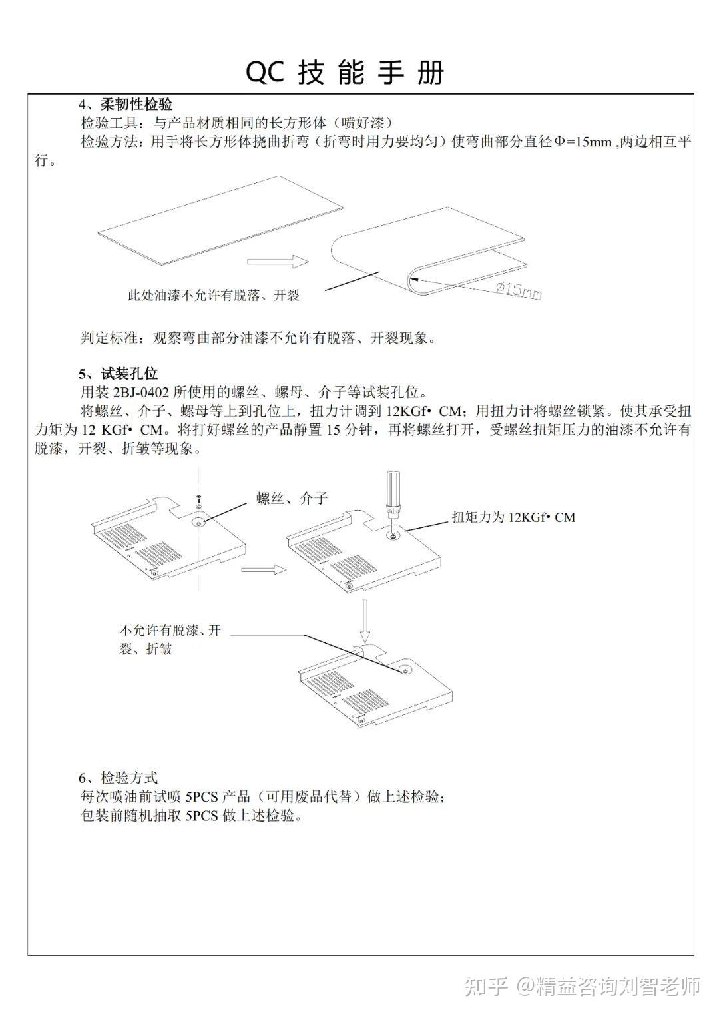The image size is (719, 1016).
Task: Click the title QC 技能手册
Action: (x=345, y=72)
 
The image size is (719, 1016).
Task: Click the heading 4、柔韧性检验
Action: (x=126, y=105)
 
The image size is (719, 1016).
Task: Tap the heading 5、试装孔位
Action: (x=118, y=374)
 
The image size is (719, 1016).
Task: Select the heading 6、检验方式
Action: (x=118, y=778)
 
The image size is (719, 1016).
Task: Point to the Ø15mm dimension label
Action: (x=519, y=290)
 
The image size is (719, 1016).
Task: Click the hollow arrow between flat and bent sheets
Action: (x=278, y=261)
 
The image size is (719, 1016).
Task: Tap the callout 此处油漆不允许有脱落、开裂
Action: (x=213, y=296)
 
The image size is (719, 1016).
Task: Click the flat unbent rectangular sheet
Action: (x=220, y=220)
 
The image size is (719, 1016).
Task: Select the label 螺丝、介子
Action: (x=292, y=499)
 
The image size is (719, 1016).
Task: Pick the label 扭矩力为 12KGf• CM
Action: (x=513, y=517)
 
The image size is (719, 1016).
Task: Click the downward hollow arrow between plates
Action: (x=365, y=621)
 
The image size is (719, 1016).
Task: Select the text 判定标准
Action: (x=109, y=338)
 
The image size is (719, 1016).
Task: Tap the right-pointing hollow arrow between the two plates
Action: (x=264, y=569)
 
